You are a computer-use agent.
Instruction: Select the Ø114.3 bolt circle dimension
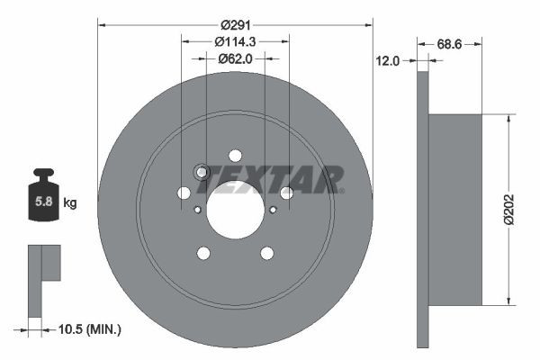pos(236,41)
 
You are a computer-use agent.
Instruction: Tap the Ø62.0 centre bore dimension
pos(235,58)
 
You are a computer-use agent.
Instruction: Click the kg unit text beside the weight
pos(70,203)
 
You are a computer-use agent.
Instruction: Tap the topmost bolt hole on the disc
pos(235,156)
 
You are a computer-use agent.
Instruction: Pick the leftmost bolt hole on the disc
pos(184,193)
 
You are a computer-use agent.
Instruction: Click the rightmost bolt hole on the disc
pos(286,193)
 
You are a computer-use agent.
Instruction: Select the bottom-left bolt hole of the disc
pos(203,253)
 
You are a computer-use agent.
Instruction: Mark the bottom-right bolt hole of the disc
pos(266,253)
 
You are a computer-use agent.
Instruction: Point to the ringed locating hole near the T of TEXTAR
pos(202,173)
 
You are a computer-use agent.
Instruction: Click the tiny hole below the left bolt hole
pos(197,210)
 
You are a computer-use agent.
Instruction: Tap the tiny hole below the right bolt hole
pos(273,210)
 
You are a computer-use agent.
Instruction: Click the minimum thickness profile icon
pos(42,270)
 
